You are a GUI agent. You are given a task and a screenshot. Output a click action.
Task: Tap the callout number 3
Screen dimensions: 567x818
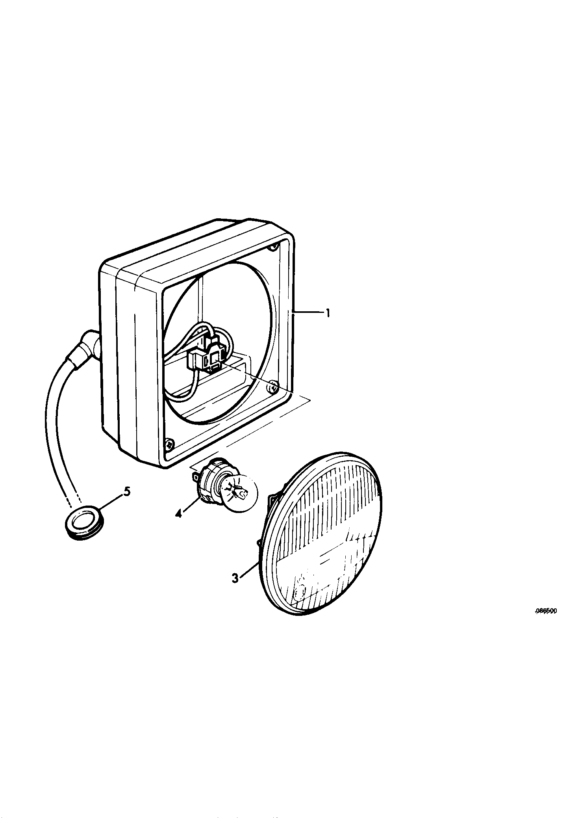[x=235, y=579]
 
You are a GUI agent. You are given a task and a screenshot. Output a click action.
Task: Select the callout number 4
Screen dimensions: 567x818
[x=179, y=513]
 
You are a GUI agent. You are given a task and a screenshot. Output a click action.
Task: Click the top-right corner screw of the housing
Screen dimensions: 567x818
[x=273, y=247]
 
